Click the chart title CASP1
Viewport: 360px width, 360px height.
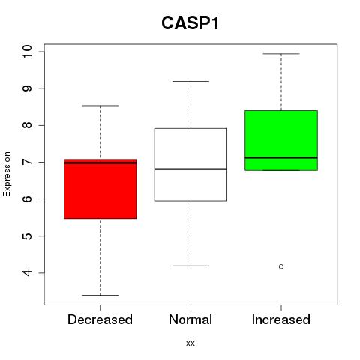coord(190,23)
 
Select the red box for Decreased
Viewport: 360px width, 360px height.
coord(100,189)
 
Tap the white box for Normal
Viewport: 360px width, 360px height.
coord(190,165)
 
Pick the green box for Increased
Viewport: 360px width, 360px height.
coord(281,140)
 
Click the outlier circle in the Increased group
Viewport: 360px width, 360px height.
coord(281,266)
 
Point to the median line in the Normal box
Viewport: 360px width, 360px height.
coord(190,169)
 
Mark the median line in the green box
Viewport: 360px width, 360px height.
coord(281,157)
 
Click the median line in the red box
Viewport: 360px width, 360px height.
coord(100,163)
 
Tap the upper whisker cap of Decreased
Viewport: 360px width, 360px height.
coord(100,106)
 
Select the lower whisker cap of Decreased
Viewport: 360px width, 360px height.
coord(100,295)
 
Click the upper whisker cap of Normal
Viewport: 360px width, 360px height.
coord(190,81)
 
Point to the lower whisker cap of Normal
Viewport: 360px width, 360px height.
coord(190,265)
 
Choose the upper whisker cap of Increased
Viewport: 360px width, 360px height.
coord(281,54)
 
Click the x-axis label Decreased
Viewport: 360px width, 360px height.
coord(100,319)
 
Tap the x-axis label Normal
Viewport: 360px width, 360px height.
coord(190,319)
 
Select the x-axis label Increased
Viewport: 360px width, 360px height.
coord(281,319)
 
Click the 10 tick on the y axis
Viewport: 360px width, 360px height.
coord(27,52)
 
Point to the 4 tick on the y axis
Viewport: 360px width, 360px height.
coord(27,272)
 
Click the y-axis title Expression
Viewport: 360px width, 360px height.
coord(7,174)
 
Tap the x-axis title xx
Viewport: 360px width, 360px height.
coord(190,343)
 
